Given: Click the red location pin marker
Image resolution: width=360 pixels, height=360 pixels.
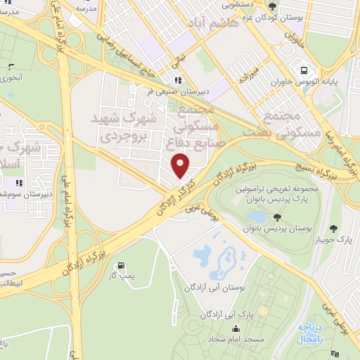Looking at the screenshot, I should [x=181, y=165].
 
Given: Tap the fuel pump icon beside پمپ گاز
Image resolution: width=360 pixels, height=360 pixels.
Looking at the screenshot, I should [x=123, y=266].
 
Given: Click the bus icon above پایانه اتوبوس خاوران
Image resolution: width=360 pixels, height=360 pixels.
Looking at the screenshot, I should [x=304, y=70].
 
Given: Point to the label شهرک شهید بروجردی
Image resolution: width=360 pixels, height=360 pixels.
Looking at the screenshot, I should [x=124, y=126].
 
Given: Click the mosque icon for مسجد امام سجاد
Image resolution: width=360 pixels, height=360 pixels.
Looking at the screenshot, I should [x=235, y=328].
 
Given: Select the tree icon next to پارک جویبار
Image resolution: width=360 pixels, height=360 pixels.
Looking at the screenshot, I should [x=333, y=228].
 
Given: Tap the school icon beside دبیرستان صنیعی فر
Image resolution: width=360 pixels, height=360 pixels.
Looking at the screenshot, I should [x=177, y=81].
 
